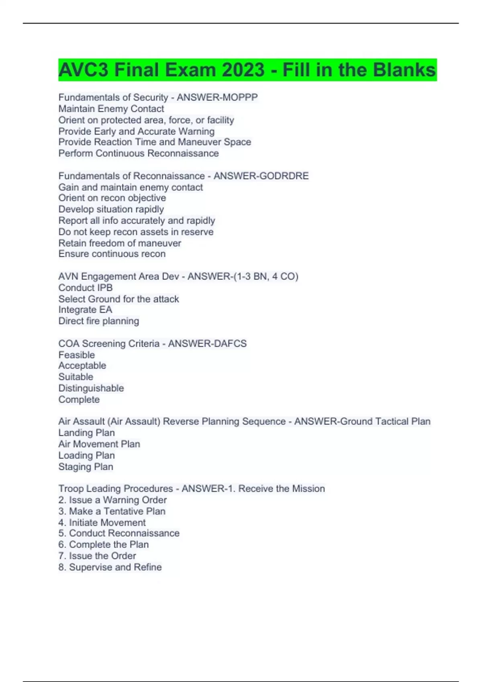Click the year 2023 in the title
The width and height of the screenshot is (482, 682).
coord(243,70)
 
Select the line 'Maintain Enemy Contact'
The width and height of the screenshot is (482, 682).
coord(111,109)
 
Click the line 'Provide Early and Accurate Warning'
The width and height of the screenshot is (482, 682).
coord(137,131)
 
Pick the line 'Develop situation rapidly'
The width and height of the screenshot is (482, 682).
coord(111,209)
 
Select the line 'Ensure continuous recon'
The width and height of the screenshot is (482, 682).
coord(112,254)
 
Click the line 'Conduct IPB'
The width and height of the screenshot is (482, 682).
coord(86,288)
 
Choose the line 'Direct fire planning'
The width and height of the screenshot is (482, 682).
coord(99,321)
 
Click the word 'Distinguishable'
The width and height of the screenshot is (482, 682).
coord(91,388)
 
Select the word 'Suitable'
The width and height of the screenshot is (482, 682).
coord(76,377)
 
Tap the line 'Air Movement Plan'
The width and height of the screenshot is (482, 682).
coord(99,444)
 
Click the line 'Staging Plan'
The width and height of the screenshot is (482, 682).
coord(86,467)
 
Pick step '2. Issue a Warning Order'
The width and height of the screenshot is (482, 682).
coord(112,500)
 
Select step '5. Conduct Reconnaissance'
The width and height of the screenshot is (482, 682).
coord(119,533)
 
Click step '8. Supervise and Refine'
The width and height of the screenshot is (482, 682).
coord(110,567)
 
